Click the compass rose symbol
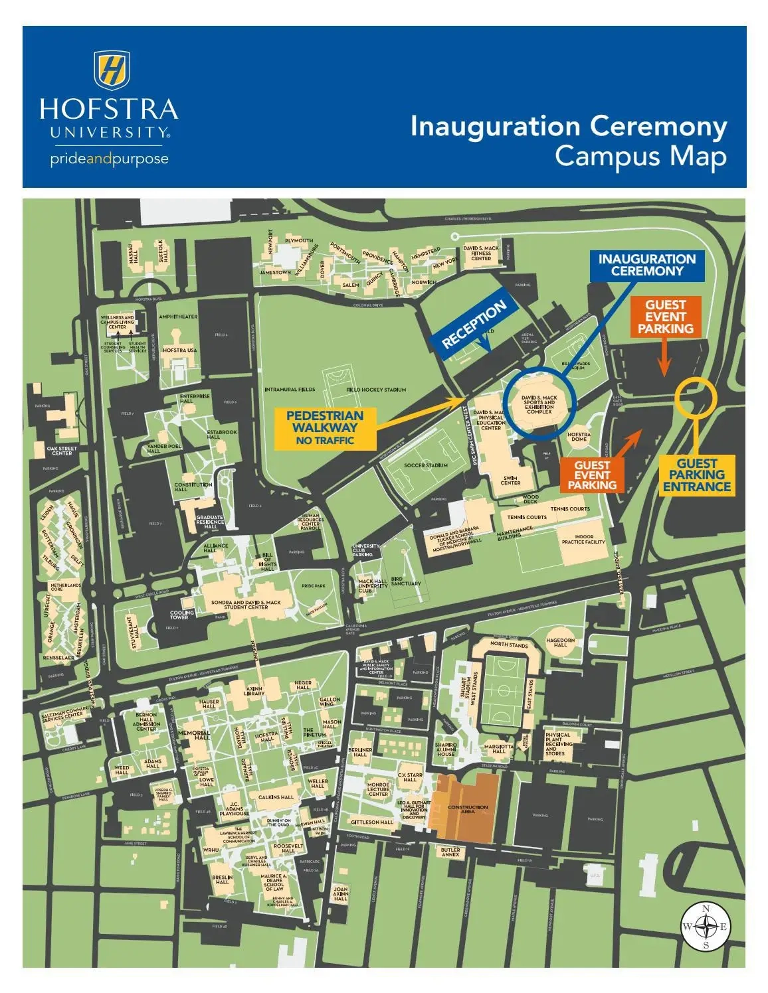point(706,927)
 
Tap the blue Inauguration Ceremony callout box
point(647,265)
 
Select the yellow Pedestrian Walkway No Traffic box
point(325,427)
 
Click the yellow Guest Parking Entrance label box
point(696,475)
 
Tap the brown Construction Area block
point(468,809)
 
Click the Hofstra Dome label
point(579,437)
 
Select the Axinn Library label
point(254,692)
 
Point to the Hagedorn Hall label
point(560,643)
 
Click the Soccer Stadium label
point(426,465)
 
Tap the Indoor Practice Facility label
point(583,539)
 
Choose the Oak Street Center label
point(62,451)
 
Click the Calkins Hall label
point(276,797)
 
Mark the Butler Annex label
point(450,852)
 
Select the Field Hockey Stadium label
point(376,390)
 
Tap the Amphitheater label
point(178,317)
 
